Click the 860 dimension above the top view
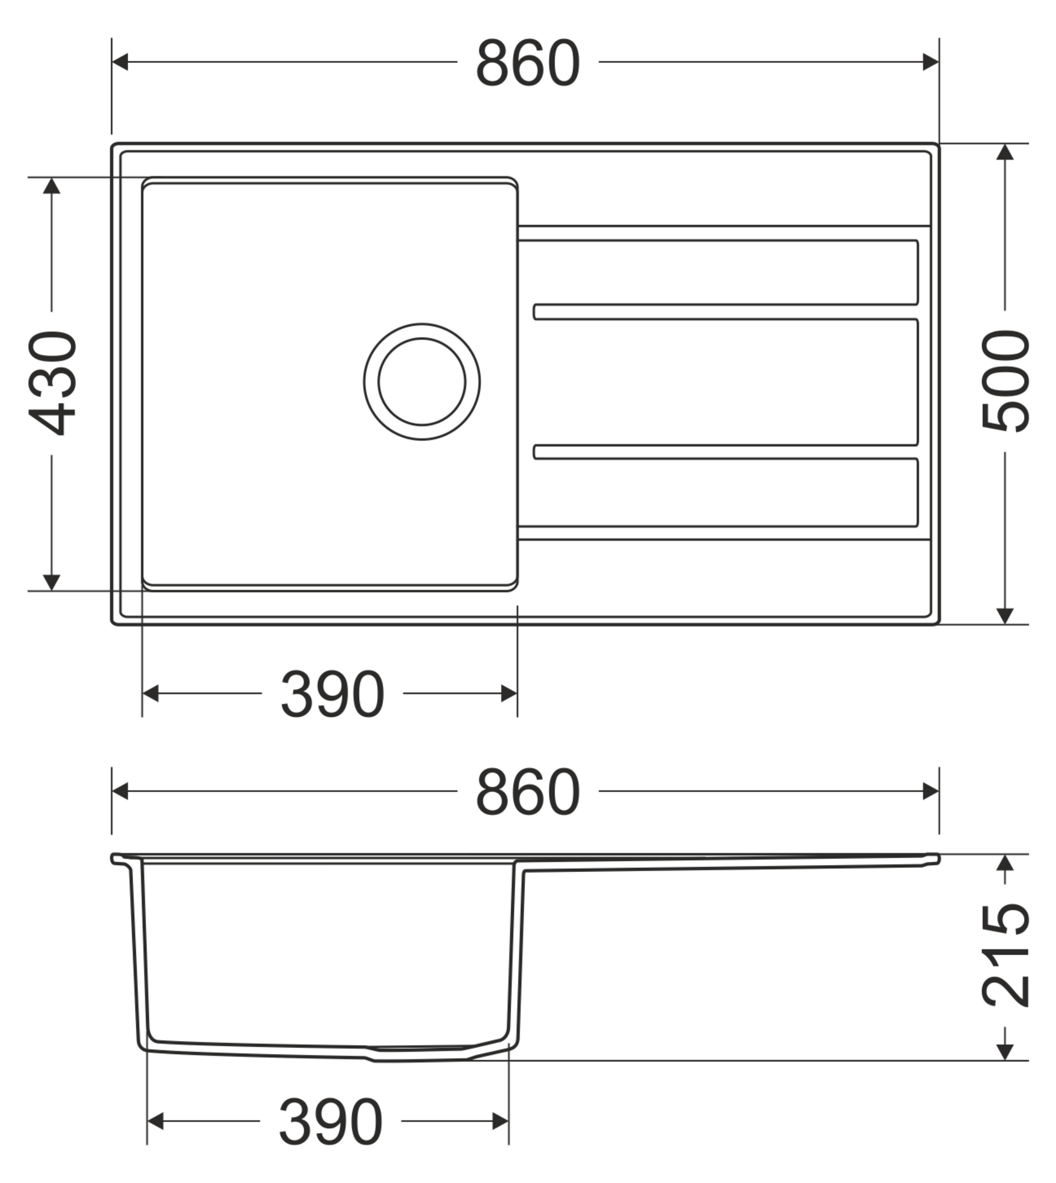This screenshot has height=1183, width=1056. pyautogui.click(x=527, y=62)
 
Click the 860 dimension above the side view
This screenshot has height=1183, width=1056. pyautogui.click(x=527, y=792)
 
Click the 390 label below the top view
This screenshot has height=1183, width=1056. pyautogui.click(x=332, y=694)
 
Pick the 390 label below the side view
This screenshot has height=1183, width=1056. pyautogui.click(x=330, y=1122)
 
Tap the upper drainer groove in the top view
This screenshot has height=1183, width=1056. pyautogui.click(x=726, y=311)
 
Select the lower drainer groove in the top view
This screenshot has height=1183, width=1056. pyautogui.click(x=726, y=451)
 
